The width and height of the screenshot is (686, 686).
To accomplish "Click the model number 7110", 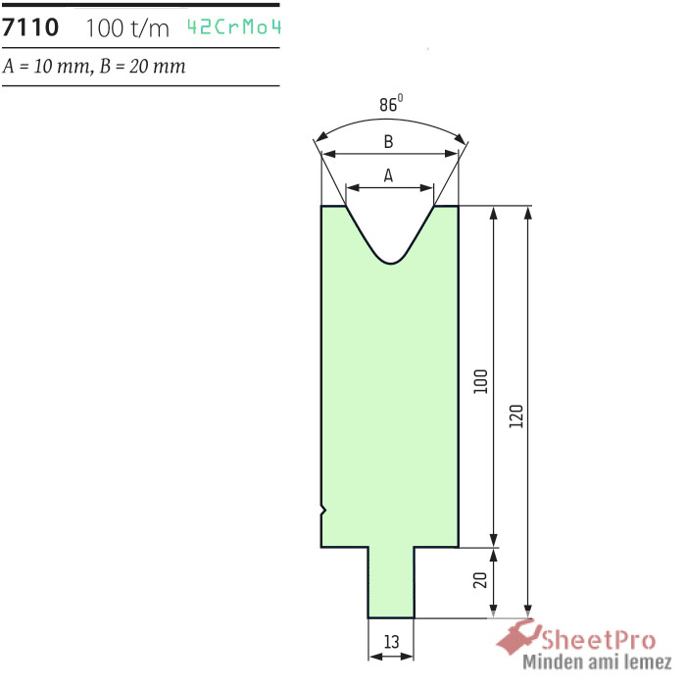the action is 29,27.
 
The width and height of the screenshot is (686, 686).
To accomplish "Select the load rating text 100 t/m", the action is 127,28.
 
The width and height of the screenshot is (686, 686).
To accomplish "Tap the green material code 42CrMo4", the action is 233,27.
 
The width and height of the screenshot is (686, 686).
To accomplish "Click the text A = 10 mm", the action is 46,67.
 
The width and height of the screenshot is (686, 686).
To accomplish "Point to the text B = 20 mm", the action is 143,67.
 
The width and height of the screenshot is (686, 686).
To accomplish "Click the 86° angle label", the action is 391,104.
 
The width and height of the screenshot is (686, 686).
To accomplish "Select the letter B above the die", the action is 388,142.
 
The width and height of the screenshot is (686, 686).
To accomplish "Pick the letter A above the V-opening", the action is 388,175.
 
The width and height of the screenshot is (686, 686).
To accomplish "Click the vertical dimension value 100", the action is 480,381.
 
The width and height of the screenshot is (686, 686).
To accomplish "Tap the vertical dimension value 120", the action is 516,416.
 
